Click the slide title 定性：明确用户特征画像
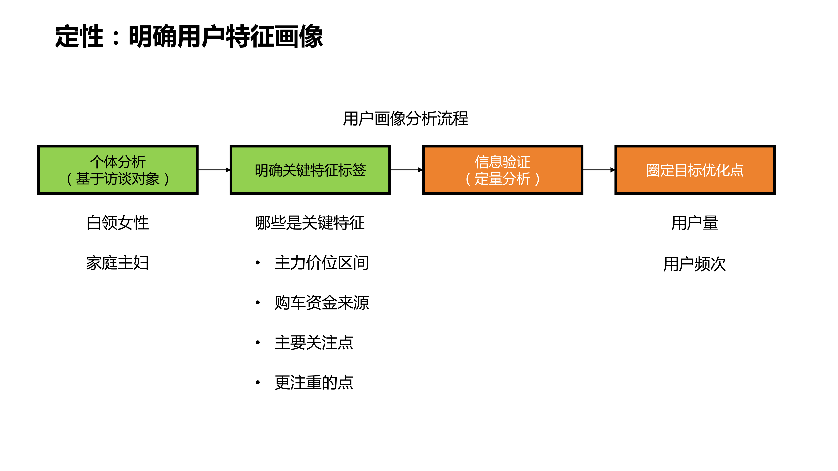(x=189, y=36)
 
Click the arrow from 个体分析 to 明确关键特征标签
(x=214, y=170)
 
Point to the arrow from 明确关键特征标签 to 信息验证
(x=406, y=170)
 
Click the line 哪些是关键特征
(x=310, y=223)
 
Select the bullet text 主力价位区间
(x=321, y=263)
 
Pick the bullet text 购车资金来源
(x=321, y=303)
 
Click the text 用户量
(x=694, y=223)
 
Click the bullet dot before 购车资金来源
(x=258, y=303)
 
